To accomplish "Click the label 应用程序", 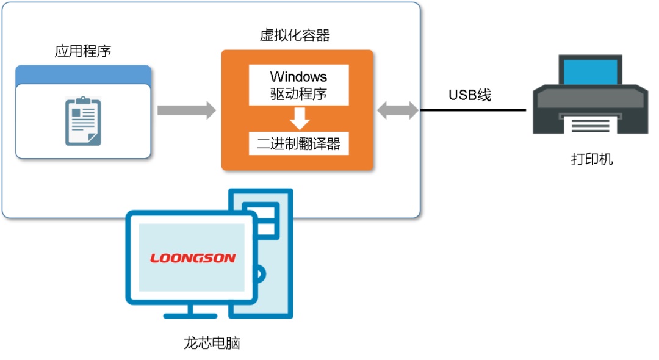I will click(83, 51).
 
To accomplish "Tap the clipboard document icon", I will click(83, 122).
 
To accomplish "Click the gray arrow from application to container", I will click(186, 110).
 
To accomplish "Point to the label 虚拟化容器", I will click(295, 35).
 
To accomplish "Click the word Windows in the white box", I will click(298, 77).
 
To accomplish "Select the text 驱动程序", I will click(298, 95).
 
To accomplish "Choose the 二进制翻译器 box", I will click(298, 144).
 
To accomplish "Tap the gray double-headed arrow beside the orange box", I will click(398, 110).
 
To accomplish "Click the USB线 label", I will click(470, 95).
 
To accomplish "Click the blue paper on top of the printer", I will click(589, 70).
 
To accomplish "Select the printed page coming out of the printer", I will click(589, 125).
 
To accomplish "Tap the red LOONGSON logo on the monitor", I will click(193, 258).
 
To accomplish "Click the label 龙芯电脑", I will click(212, 343).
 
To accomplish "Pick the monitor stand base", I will click(190, 314).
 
